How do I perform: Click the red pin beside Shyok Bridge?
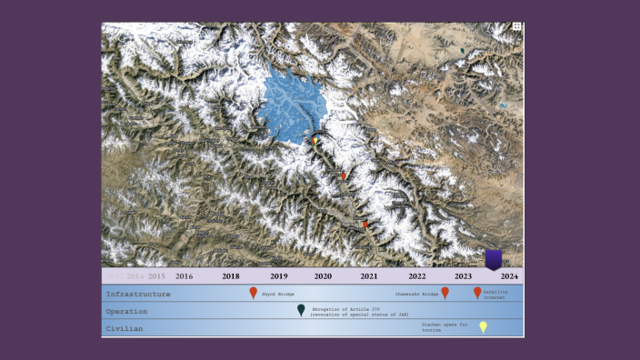point(254,293)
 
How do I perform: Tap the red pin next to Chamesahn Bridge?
point(445,293)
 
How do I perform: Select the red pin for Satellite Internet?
point(477,293)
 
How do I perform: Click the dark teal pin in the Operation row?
point(301,310)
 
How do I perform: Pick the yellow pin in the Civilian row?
point(483,327)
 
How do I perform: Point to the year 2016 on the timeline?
point(184,275)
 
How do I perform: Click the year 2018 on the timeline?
point(231,275)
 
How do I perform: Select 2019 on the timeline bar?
point(279,275)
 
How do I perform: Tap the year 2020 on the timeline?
point(323,275)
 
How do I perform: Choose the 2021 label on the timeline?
point(369,275)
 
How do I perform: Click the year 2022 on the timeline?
point(416,275)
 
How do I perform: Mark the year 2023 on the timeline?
point(464,275)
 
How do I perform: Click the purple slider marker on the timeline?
point(493,260)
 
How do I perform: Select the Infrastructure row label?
point(138,295)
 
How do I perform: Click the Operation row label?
point(126,311)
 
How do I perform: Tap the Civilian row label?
point(124,328)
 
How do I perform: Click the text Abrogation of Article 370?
point(346,307)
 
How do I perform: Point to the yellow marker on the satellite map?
point(315,141)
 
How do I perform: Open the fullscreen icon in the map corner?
point(516,27)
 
